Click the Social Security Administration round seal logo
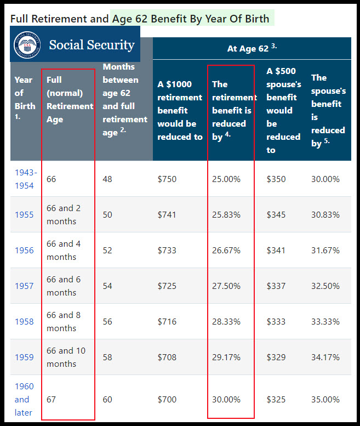[x=27, y=44]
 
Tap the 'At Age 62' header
[x=252, y=48]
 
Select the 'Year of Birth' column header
[x=25, y=99]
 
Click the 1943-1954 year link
[x=25, y=179]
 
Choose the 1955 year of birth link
[x=24, y=214]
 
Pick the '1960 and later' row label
[x=24, y=399]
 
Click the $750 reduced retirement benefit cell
[x=167, y=179]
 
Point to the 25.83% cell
[x=226, y=214]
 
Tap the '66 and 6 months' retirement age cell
[x=64, y=286]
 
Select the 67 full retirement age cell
[x=52, y=399]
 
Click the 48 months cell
[x=107, y=179]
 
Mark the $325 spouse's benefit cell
[x=276, y=399]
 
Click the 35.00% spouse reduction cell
[x=325, y=399]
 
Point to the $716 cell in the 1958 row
[x=167, y=321]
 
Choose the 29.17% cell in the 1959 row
[x=226, y=357]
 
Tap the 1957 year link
[x=24, y=286]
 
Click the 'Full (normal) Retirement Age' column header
[x=70, y=99]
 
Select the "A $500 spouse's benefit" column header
[x=284, y=110]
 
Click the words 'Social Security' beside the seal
[x=92, y=44]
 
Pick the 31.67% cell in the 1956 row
[x=325, y=250]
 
